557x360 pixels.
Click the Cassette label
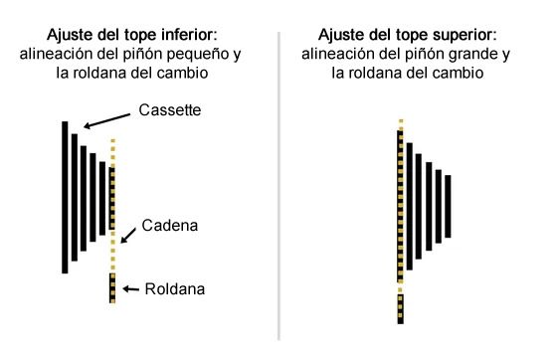coord(168,110)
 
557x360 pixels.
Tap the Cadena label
coord(169,226)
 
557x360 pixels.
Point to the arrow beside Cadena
coord(131,235)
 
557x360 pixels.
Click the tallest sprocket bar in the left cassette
coord(65,197)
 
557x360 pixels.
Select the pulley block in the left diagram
coord(112,288)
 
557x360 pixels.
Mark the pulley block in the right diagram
coord(400,308)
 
